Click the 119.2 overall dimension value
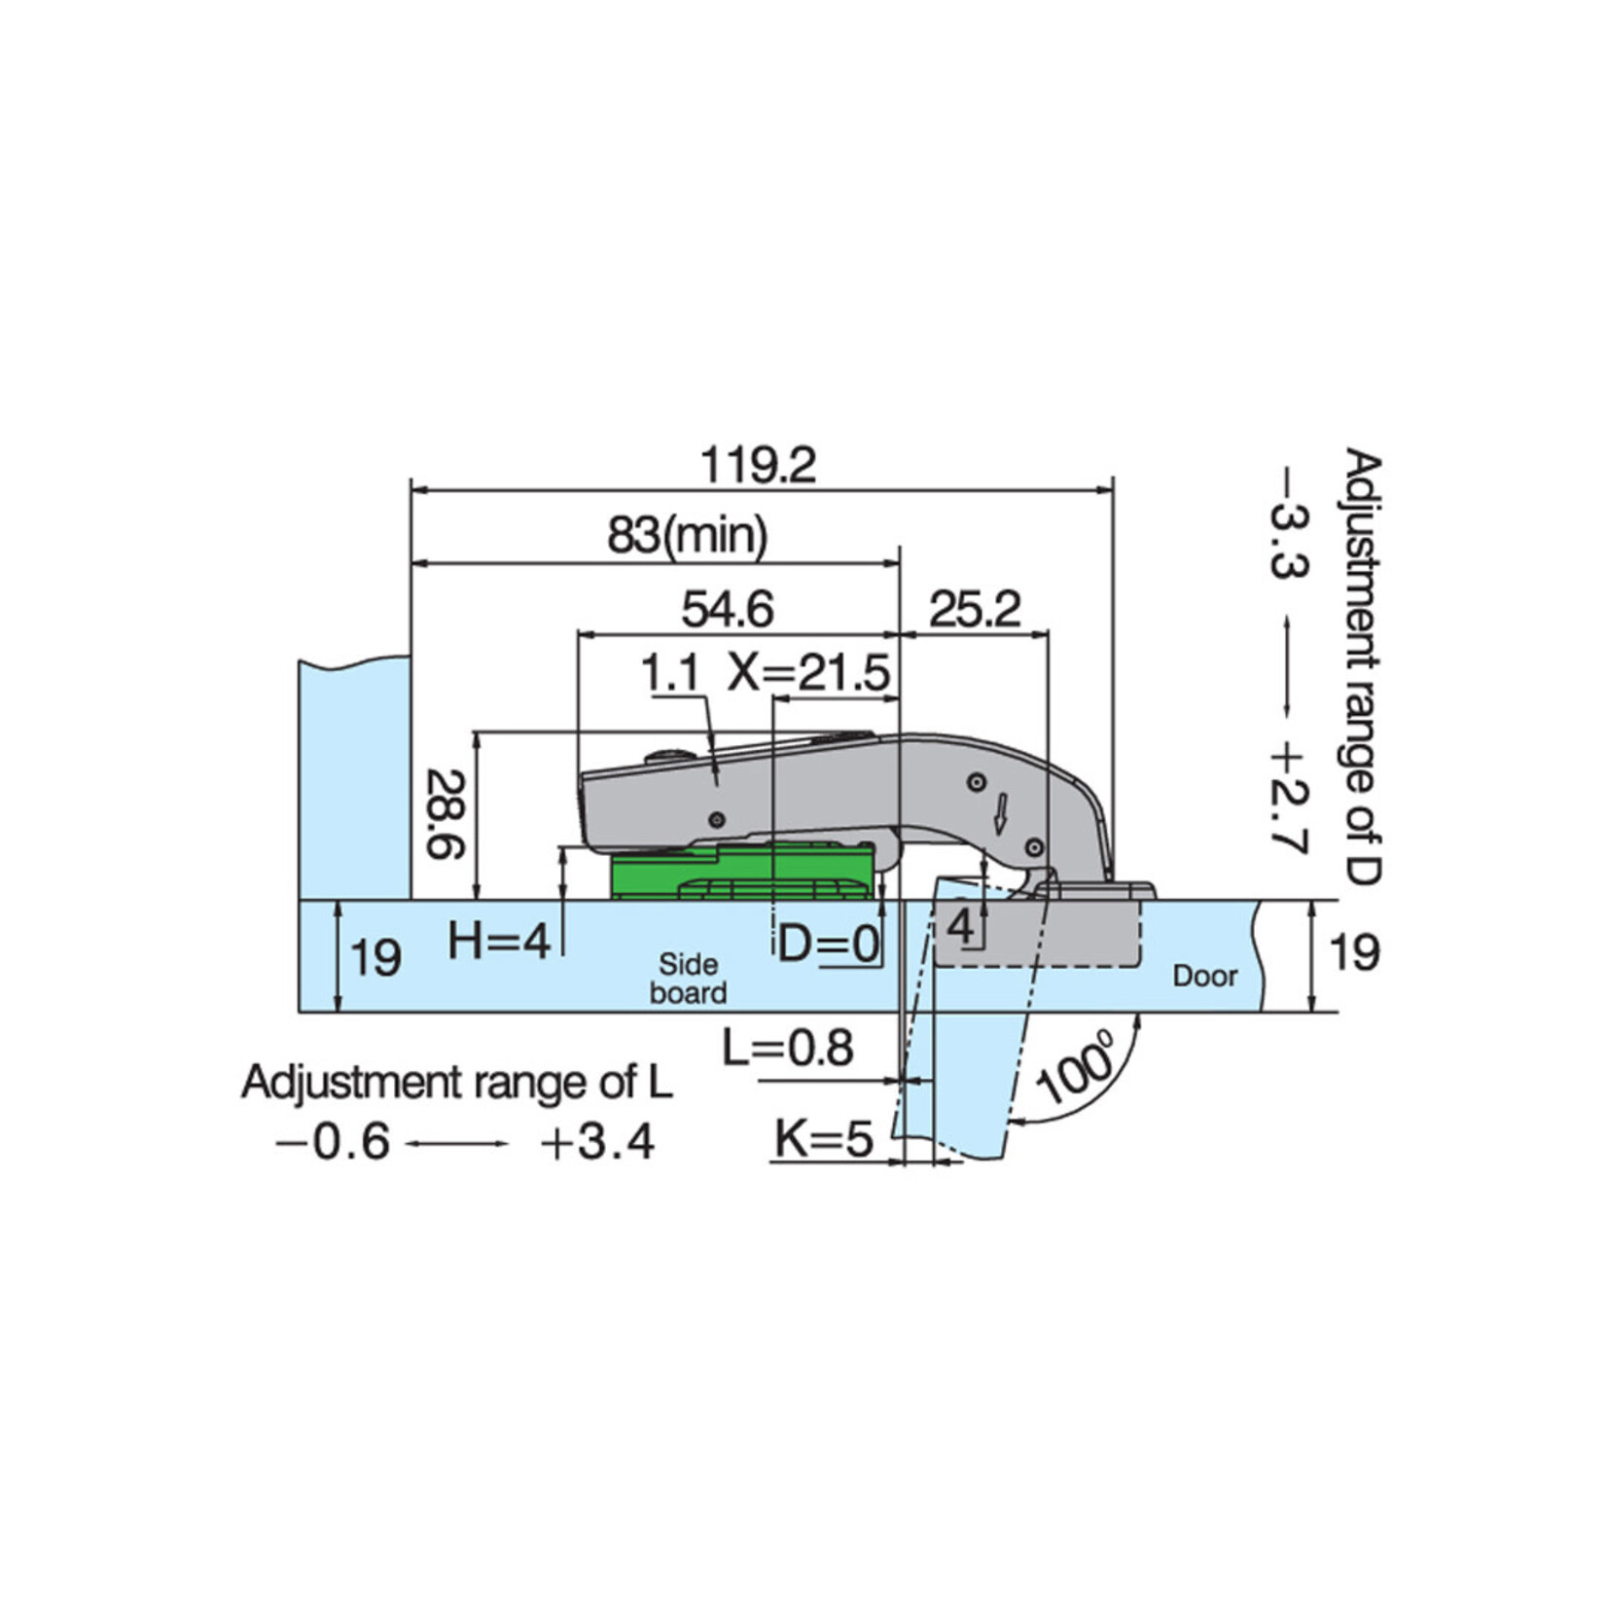pyautogui.click(x=759, y=466)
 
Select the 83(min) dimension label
pyautogui.click(x=688, y=535)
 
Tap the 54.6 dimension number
pyautogui.click(x=728, y=610)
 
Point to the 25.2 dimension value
pyautogui.click(x=975, y=610)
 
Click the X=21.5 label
pyautogui.click(x=809, y=673)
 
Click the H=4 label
pyautogui.click(x=499, y=941)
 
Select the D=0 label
pyautogui.click(x=829, y=943)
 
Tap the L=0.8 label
pyautogui.click(x=788, y=1049)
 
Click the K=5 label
pyautogui.click(x=824, y=1138)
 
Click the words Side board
pyautogui.click(x=688, y=979)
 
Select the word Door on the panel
pyautogui.click(x=1204, y=976)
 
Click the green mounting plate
pyautogui.click(x=741, y=873)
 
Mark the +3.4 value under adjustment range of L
pyautogui.click(x=597, y=1143)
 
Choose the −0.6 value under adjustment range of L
pyautogui.click(x=334, y=1143)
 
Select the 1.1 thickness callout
pyautogui.click(x=669, y=673)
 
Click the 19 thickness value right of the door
pyautogui.click(x=1353, y=952)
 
